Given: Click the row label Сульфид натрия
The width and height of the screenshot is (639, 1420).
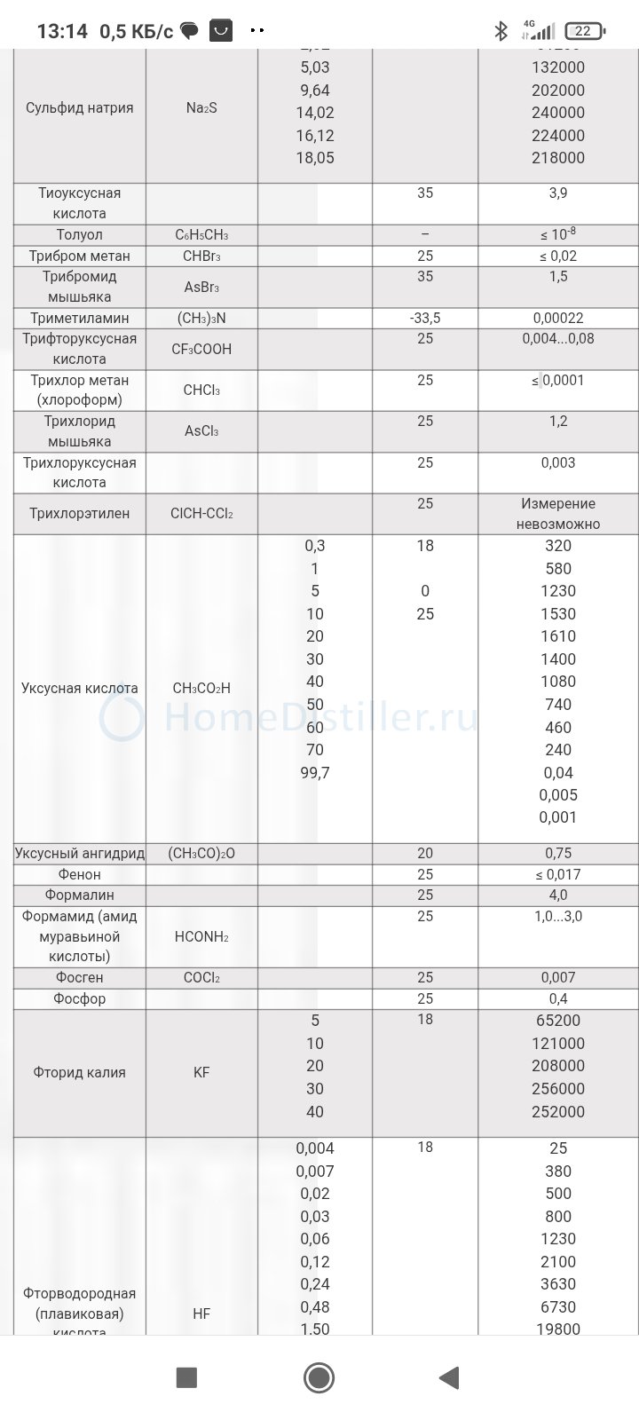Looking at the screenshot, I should pos(80,108).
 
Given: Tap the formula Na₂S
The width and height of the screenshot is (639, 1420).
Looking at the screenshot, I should pos(201,108).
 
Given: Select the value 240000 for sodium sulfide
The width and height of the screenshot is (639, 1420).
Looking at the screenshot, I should pos(558,113).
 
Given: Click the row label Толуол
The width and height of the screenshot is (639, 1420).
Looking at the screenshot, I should pos(79,235).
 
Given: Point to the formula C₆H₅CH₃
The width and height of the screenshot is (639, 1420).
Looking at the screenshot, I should pos(201,235).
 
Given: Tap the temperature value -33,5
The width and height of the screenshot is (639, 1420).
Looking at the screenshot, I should pos(425,318).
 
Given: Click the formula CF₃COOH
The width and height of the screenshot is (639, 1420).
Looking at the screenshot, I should pos(201,349).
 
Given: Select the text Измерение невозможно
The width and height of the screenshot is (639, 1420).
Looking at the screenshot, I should pos(558,514).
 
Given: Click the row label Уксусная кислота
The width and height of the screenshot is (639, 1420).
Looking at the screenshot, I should pos(80,688).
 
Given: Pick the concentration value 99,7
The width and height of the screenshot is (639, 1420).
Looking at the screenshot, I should pos(315,773).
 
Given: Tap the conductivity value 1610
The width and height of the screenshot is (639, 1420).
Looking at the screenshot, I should pos(558,636).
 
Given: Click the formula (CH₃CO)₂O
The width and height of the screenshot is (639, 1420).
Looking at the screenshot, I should pos(201,854).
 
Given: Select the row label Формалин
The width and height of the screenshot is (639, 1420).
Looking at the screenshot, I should pos(79,895).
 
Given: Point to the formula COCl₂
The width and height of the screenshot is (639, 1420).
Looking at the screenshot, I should pos(201,978).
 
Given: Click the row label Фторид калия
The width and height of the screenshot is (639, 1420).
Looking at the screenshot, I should pos(79,1072).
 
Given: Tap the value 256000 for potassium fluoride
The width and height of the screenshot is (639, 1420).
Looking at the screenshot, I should pos(558,1089).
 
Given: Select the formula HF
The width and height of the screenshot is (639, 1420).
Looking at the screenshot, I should pos(201,1313).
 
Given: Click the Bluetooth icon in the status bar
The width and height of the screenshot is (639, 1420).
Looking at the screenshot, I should pos(501,32).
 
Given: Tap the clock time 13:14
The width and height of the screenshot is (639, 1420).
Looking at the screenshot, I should pos(62,32).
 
